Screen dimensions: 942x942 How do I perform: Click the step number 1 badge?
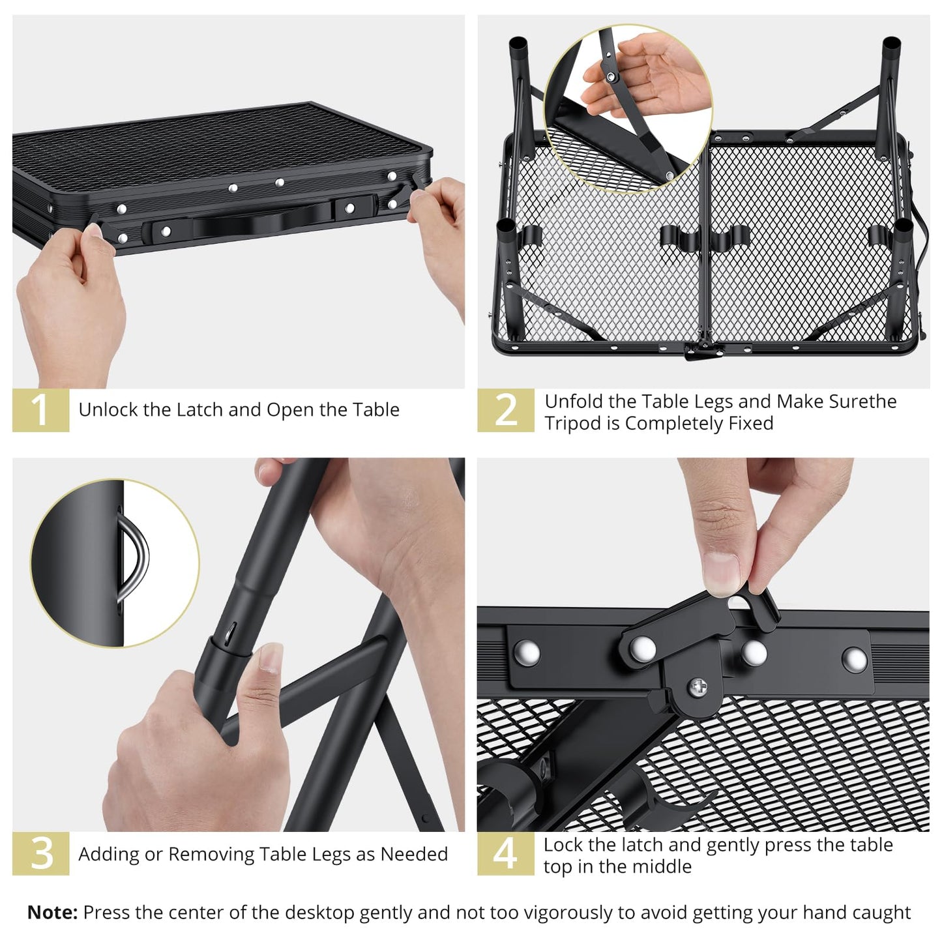click(x=40, y=410)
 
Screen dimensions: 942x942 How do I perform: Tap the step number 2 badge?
click(x=505, y=410)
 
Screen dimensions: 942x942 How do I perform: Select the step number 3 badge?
click(x=40, y=853)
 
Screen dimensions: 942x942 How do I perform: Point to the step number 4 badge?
click(x=505, y=853)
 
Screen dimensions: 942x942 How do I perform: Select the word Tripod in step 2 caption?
click(x=573, y=424)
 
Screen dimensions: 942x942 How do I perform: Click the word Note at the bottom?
click(x=52, y=913)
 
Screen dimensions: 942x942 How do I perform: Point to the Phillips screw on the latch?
click(x=698, y=686)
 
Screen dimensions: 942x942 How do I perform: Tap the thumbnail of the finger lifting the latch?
click(x=722, y=574)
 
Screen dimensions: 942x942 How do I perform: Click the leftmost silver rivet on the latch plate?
click(x=527, y=651)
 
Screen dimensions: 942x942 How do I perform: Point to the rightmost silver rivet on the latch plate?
click(x=854, y=659)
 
